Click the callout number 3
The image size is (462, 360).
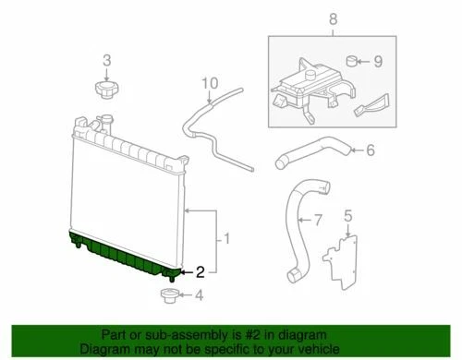(106, 61)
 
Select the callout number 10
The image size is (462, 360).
(212, 83)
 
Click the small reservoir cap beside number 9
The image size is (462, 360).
(353, 64)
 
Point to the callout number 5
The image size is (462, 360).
(347, 218)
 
